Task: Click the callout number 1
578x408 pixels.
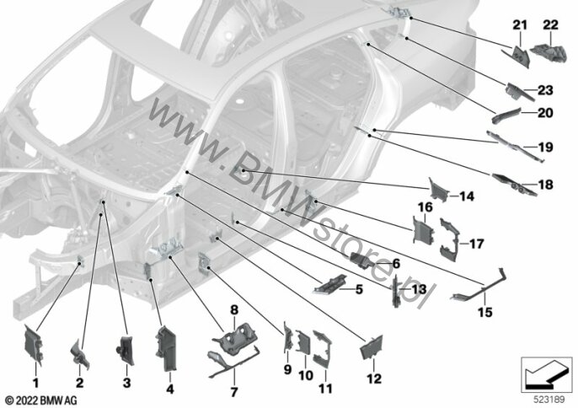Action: [35, 383]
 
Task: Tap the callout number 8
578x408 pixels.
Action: [234, 310]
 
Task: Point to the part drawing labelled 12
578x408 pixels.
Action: [372, 346]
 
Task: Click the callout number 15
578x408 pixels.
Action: [485, 312]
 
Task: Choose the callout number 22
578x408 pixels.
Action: [551, 25]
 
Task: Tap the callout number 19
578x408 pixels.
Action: [546, 148]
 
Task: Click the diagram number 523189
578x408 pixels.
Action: [549, 400]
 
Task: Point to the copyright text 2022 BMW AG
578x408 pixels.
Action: [41, 400]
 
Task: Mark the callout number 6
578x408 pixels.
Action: [396, 264]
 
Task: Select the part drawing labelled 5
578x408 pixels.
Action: [329, 284]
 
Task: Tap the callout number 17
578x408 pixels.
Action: [476, 244]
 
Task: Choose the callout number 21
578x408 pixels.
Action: [520, 25]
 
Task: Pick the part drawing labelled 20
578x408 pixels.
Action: [506, 115]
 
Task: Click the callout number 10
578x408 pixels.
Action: [306, 376]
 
